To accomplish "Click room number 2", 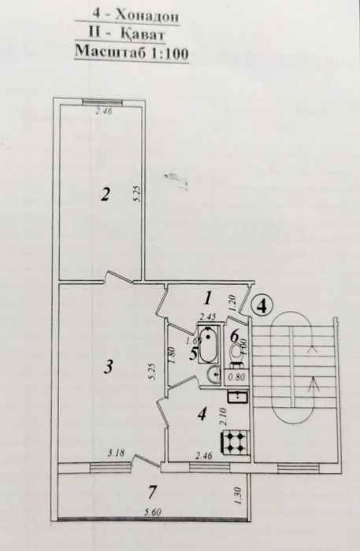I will point(105,196).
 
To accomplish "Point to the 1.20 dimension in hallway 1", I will point(233,301).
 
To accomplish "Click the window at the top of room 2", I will point(102,101).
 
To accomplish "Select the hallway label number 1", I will point(207,298).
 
